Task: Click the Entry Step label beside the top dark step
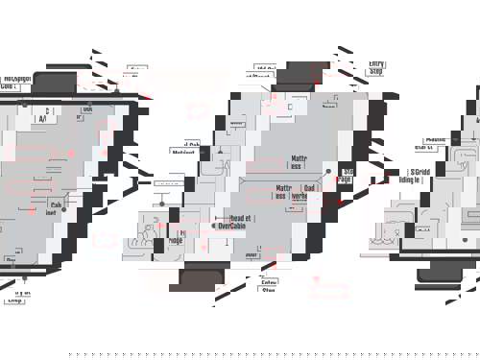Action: (376, 66)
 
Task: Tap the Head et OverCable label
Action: (235, 223)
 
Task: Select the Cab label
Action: (56, 207)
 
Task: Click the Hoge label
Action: (178, 236)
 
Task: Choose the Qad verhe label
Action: (308, 192)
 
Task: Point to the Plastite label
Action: (434, 141)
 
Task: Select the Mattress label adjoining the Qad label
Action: (284, 192)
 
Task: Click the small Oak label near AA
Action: (87, 109)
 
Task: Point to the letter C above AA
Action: (47, 111)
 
